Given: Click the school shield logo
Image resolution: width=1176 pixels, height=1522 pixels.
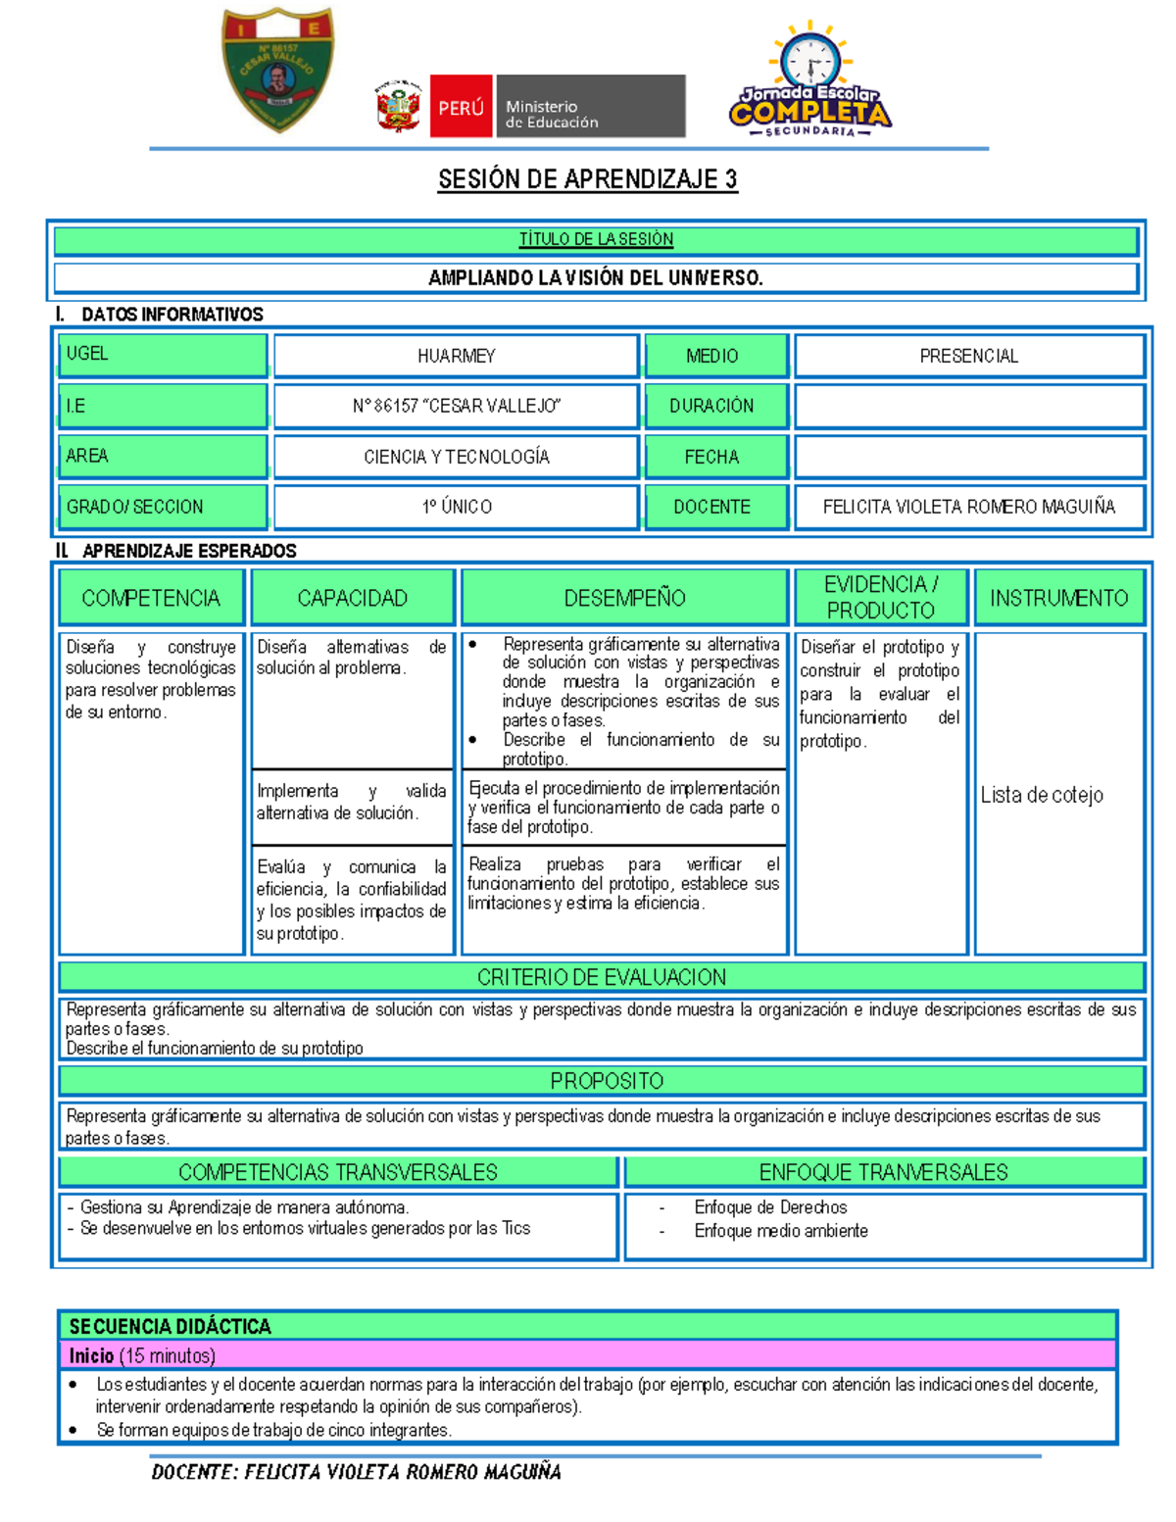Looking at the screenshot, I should tap(278, 69).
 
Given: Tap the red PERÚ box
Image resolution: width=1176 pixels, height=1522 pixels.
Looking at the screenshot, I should tap(460, 107).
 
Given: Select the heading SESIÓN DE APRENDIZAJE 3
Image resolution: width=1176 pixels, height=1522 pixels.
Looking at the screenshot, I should tap(587, 179).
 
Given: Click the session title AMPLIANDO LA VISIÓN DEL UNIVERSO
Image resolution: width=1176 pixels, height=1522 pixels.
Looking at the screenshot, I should tap(595, 278).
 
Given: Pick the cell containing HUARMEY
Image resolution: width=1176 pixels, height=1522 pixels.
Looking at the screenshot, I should tap(456, 356).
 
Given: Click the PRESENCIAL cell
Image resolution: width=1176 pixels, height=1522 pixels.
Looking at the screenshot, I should tap(968, 356).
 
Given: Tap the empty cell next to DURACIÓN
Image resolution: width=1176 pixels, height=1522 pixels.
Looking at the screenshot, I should tap(968, 406).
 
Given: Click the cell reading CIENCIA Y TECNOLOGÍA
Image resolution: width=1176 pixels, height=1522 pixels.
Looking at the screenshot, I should tap(456, 457).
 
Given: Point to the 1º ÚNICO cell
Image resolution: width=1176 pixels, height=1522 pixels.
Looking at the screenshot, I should tap(456, 507).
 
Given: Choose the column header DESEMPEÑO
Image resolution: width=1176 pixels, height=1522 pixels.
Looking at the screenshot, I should tap(624, 598).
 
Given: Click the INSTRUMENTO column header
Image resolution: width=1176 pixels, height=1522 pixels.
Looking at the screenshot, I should tap(1058, 598).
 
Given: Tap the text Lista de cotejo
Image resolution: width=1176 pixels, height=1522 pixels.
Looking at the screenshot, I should tap(1041, 795).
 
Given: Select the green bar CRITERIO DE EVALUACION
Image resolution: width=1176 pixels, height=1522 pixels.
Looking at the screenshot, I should tap(601, 977).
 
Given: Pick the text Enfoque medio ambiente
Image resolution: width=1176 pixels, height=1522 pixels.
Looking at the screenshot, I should tap(780, 1231).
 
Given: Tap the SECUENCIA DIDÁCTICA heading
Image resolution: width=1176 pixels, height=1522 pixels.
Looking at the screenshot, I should tap(171, 1326).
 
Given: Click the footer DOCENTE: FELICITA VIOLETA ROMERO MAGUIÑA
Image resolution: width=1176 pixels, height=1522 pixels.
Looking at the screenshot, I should tap(356, 1472).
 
